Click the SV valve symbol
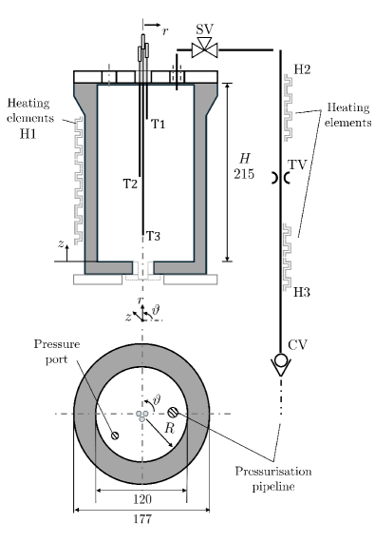click(x=204, y=48)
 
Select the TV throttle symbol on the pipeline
click(x=280, y=178)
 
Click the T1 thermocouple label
click(x=159, y=124)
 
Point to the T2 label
click(x=130, y=184)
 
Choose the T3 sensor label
click(x=153, y=236)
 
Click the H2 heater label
click(x=302, y=69)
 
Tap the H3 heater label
click(x=302, y=293)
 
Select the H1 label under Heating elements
click(x=28, y=133)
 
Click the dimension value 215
click(x=244, y=173)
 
